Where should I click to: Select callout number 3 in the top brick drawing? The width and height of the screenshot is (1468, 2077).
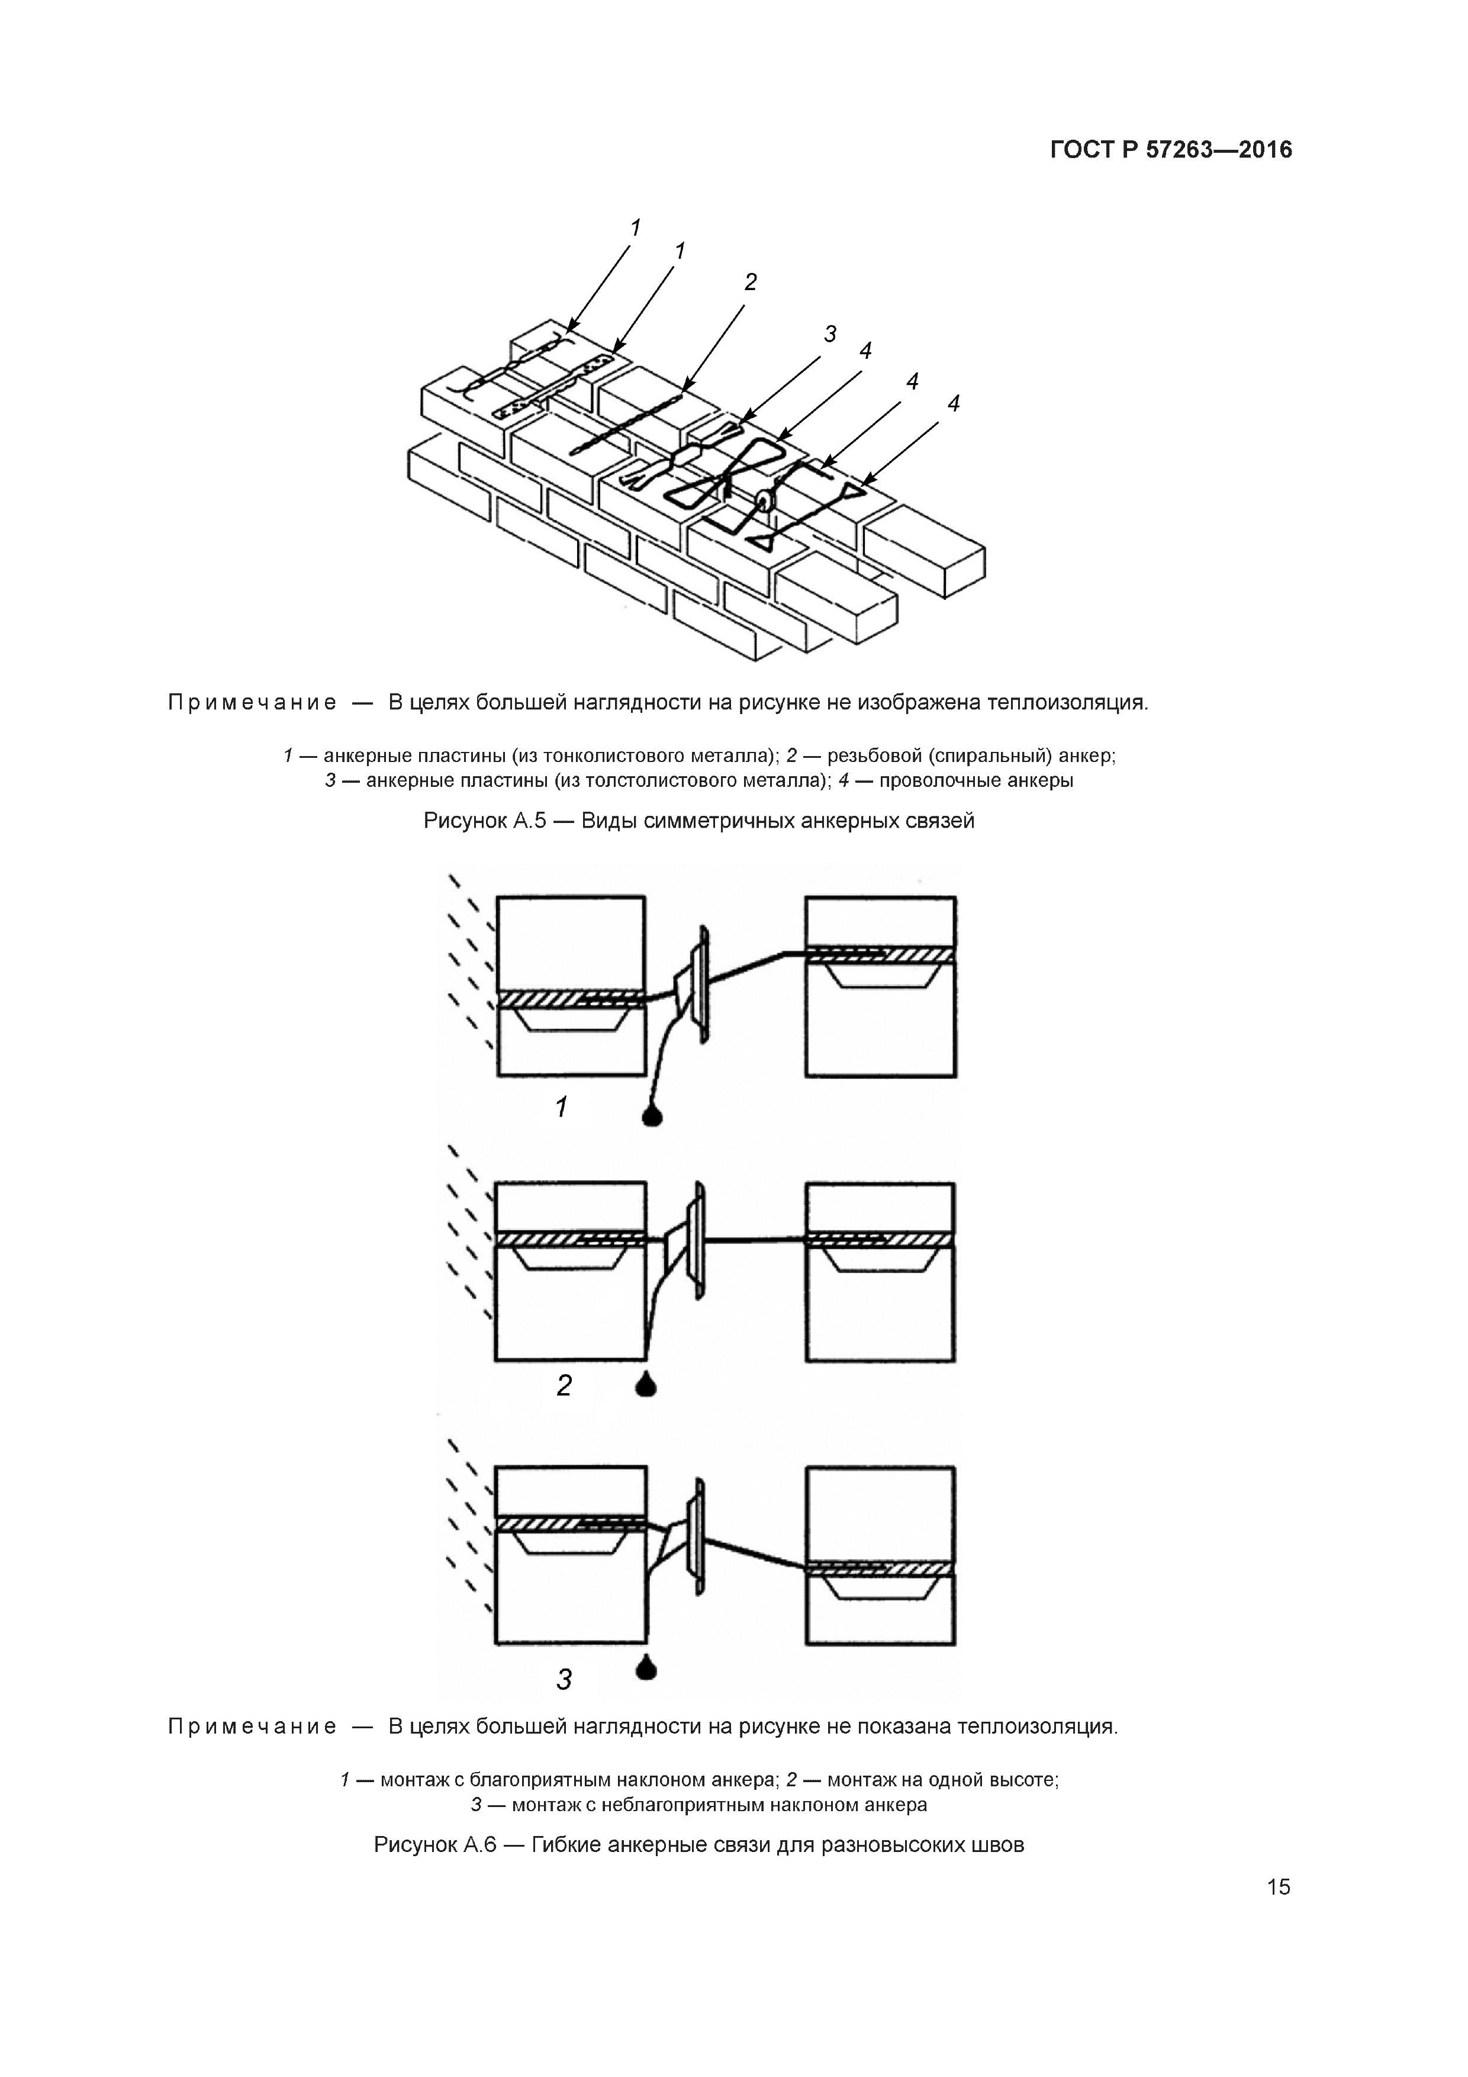(x=829, y=334)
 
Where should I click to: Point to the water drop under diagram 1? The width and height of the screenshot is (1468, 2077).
(x=651, y=1115)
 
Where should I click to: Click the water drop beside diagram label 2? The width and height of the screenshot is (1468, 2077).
(x=646, y=1384)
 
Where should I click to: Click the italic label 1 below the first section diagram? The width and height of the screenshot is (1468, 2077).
(x=561, y=1107)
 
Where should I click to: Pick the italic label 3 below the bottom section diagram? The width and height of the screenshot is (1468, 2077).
(x=564, y=1680)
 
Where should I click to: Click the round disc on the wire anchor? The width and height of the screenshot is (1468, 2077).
(x=765, y=499)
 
